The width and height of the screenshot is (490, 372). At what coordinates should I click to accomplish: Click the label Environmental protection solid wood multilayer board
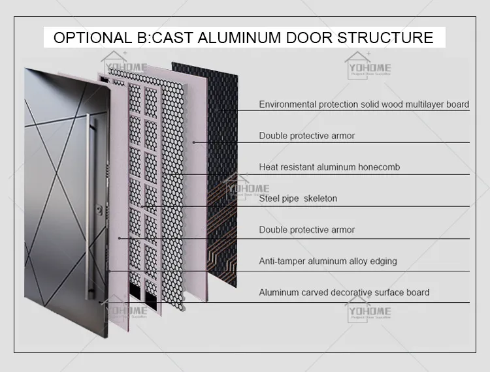(x=364, y=104)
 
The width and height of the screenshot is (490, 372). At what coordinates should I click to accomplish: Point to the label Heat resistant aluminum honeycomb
(x=329, y=167)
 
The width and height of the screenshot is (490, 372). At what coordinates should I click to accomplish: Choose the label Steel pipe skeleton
(x=298, y=198)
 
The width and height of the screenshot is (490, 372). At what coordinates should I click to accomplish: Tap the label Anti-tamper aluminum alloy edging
(x=328, y=261)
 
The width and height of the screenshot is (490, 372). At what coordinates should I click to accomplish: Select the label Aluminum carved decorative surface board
(x=344, y=292)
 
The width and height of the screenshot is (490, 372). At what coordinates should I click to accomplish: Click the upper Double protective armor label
(x=307, y=136)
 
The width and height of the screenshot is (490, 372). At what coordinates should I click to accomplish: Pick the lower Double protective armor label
(x=307, y=230)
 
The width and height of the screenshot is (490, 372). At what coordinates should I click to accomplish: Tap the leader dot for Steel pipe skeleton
(x=142, y=206)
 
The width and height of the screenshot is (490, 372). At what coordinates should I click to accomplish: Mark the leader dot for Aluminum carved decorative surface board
(x=99, y=302)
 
